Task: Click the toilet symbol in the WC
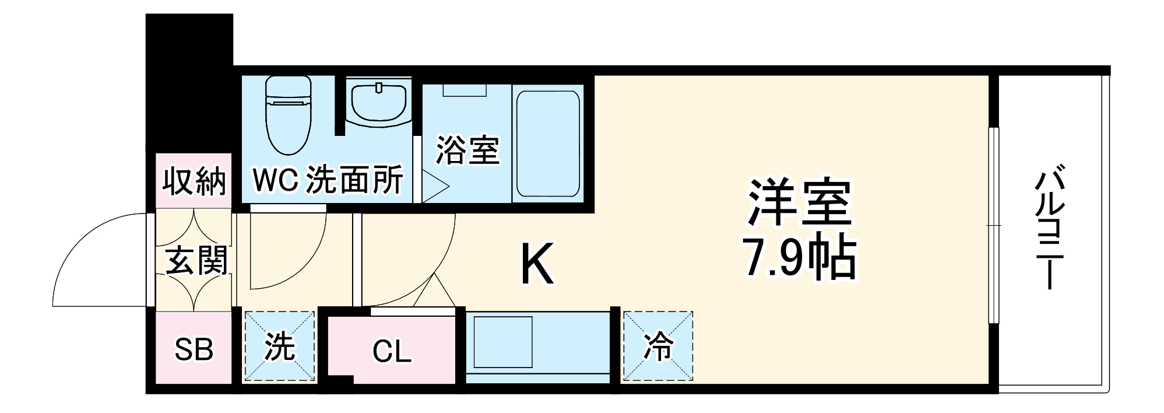[x=288, y=113]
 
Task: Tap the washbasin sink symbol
[x=378, y=103]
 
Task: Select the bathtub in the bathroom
[x=548, y=143]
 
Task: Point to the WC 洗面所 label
[x=328, y=180]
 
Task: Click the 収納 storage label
[x=194, y=181]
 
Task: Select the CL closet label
[x=392, y=351]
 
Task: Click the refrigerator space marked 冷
[x=658, y=347]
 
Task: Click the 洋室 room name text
[x=799, y=202]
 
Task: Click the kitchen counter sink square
[x=502, y=341]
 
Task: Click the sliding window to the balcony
[x=994, y=225]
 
